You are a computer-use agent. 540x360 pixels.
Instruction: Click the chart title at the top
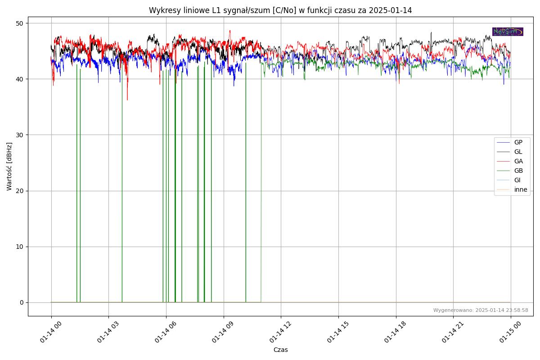[x=280, y=10]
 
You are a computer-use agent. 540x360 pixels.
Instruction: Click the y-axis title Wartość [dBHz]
[x=9, y=166]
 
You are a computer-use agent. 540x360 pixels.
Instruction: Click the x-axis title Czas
[x=280, y=350]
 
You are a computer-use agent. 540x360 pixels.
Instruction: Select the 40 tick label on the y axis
[x=20, y=79]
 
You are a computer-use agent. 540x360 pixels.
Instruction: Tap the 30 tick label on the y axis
[x=20, y=135]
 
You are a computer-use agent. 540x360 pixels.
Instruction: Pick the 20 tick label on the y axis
[x=20, y=191]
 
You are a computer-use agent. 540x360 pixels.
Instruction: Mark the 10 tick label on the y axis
[x=20, y=247]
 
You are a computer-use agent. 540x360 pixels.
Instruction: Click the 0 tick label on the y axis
[x=22, y=302]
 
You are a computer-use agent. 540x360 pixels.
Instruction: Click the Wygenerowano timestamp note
[x=481, y=310]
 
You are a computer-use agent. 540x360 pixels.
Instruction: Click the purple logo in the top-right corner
[x=508, y=31]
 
